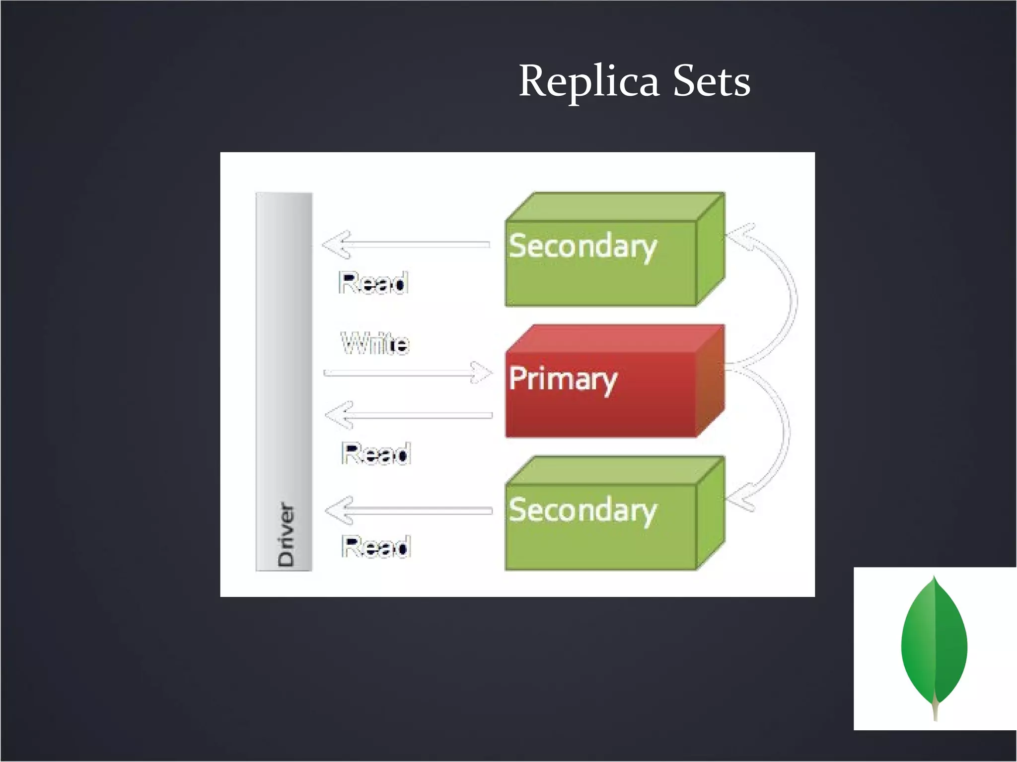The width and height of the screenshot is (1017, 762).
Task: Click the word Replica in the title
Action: [589, 81]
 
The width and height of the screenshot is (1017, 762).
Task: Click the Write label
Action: [375, 343]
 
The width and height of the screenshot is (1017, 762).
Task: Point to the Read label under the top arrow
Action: [373, 283]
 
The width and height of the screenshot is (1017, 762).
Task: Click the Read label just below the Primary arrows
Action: [376, 453]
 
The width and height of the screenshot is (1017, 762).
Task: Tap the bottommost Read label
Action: [376, 547]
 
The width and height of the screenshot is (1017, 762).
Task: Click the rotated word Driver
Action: [286, 535]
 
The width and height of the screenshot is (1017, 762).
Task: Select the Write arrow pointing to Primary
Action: [407, 373]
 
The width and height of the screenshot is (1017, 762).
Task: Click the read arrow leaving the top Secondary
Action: [405, 244]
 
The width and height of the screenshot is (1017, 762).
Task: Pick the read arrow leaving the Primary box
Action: [408, 415]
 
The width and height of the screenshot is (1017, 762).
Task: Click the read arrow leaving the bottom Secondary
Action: [408, 510]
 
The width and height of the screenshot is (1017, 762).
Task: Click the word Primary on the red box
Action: [563, 380]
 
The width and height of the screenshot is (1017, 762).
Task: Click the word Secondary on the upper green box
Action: [582, 246]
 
